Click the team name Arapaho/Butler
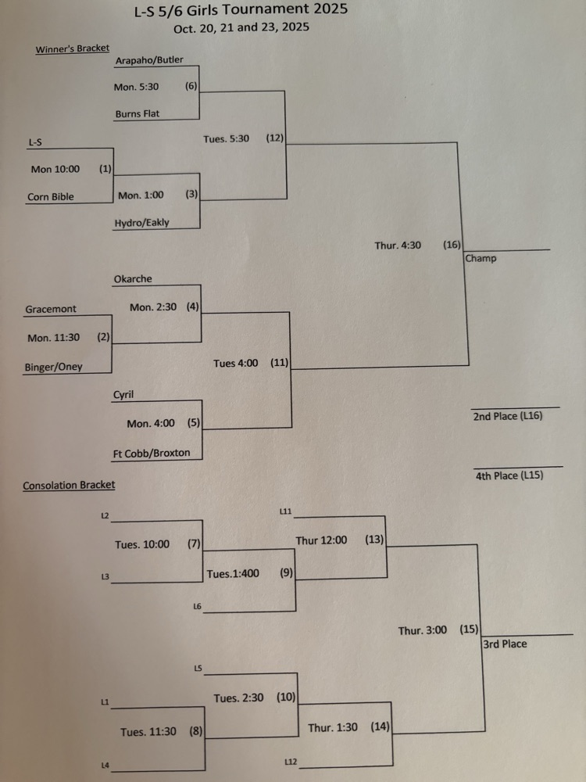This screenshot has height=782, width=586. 149,59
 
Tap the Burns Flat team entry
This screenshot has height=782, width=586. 138,113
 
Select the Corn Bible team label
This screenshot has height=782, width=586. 51,197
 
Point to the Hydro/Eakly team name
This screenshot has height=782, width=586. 141,223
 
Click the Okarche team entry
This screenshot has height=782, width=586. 133,279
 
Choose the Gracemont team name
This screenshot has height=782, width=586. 51,310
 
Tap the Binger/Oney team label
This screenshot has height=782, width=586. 54,367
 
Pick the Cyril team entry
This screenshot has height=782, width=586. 123,396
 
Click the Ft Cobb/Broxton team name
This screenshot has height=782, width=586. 152,453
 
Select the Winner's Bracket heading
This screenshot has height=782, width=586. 73,49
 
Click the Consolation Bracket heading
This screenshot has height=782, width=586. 69,486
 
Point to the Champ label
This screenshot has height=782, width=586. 481,258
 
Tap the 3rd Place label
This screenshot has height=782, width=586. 505,644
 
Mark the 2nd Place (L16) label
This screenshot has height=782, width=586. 508,417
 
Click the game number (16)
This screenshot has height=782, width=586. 452,245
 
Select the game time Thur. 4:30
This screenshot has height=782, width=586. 398,246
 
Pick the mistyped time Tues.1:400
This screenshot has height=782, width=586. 233,574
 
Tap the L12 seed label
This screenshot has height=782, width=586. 291,761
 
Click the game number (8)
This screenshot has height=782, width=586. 196,732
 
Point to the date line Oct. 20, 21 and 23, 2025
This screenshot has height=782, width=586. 241,27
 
